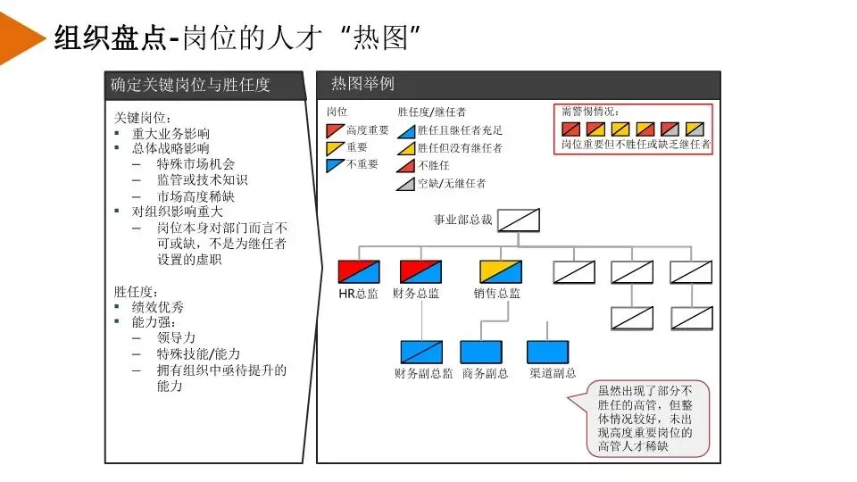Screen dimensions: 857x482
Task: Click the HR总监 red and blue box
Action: coord(359,271)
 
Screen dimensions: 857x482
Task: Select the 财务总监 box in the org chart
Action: coord(420,271)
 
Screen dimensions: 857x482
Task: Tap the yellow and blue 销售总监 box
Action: coord(500,271)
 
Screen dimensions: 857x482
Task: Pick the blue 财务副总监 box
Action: coord(421,352)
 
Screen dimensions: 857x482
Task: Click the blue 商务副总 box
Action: coord(481,352)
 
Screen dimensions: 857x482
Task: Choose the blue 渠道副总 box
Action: coord(548,352)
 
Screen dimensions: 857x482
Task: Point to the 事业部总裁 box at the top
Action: coord(519,219)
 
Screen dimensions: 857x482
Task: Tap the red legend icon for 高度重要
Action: coord(335,130)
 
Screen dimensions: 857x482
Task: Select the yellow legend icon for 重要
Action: coord(335,148)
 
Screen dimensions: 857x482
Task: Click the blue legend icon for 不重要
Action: coord(335,165)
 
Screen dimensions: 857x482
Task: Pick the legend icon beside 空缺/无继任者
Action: coord(405,184)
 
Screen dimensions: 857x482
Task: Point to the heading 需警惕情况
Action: coord(590,112)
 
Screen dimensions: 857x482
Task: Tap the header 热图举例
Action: coord(362,84)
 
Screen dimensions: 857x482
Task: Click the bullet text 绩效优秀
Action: coord(158,307)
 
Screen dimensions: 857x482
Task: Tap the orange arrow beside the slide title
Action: coord(21,37)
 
